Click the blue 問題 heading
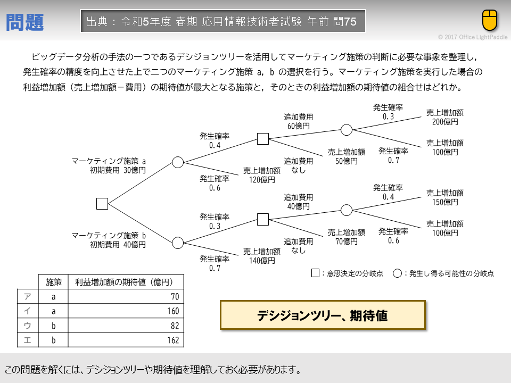pos(25,22)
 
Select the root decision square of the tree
pos(102,203)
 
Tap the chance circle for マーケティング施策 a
pos(178,162)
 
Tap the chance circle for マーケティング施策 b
pos(178,243)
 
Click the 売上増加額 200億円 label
pos(444,117)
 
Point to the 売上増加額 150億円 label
pos(444,197)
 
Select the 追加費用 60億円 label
pos(299,121)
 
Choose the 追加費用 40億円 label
pos(299,202)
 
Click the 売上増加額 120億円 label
pos(262,175)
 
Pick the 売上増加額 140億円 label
pos(262,256)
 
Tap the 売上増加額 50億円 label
pos(346,156)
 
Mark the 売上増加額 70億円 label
pos(346,237)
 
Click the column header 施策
pos(53,282)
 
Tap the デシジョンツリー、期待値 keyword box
pos(323,315)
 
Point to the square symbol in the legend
pos(316,273)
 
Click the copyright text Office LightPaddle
pos(472,37)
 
